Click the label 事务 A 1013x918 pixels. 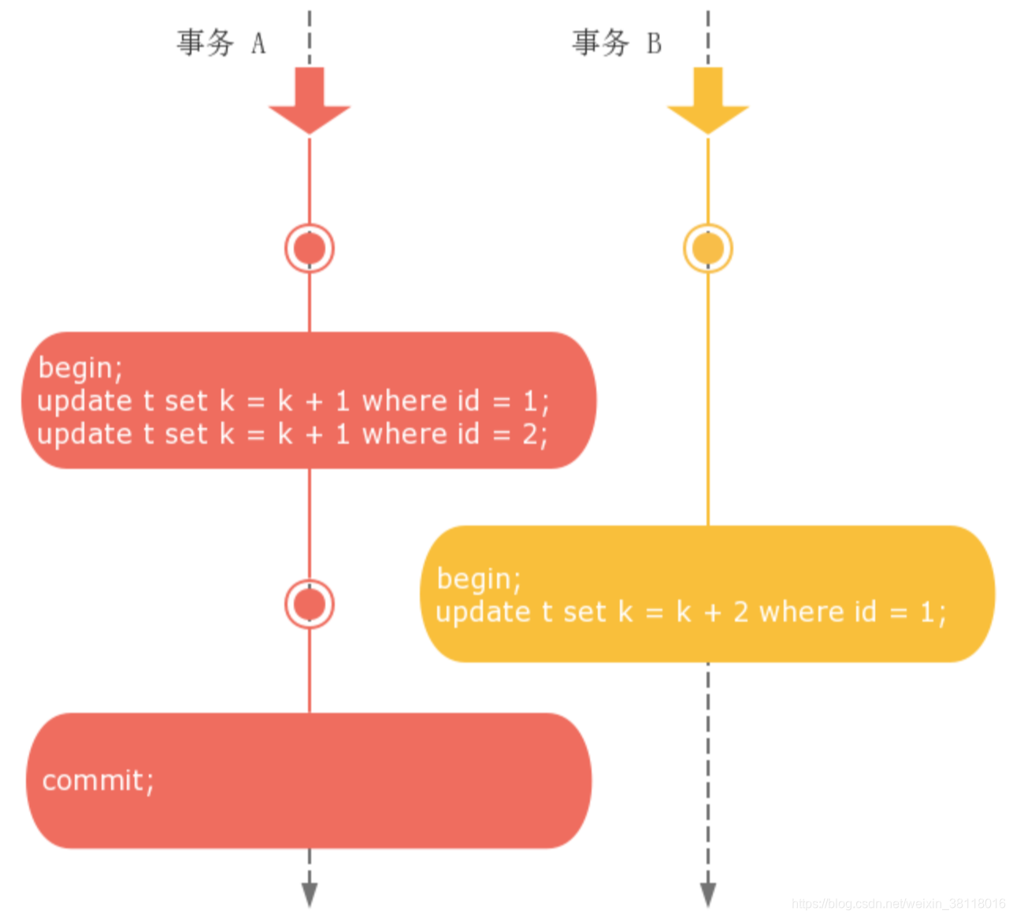pyautogui.click(x=221, y=43)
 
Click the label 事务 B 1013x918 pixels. pyautogui.click(x=617, y=43)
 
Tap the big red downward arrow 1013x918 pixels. pyautogui.click(x=310, y=100)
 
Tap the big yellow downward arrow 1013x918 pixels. pyautogui.click(x=707, y=100)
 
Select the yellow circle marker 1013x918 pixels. pyautogui.click(x=707, y=249)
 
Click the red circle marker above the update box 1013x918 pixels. pyautogui.click(x=310, y=249)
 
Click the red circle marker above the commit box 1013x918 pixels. pyautogui.click(x=310, y=605)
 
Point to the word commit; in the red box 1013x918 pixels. pyautogui.click(x=98, y=781)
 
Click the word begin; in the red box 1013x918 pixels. pyautogui.click(x=80, y=368)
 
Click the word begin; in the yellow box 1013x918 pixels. pyautogui.click(x=479, y=579)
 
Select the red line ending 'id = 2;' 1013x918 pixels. pyautogui.click(x=292, y=435)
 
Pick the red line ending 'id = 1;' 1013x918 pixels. pyautogui.click(x=292, y=402)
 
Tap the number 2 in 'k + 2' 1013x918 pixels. pyautogui.click(x=740, y=613)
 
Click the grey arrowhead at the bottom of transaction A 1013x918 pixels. pyautogui.click(x=310, y=894)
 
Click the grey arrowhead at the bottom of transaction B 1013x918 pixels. pyautogui.click(x=707, y=894)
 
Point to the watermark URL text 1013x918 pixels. pyautogui.click(x=898, y=905)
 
